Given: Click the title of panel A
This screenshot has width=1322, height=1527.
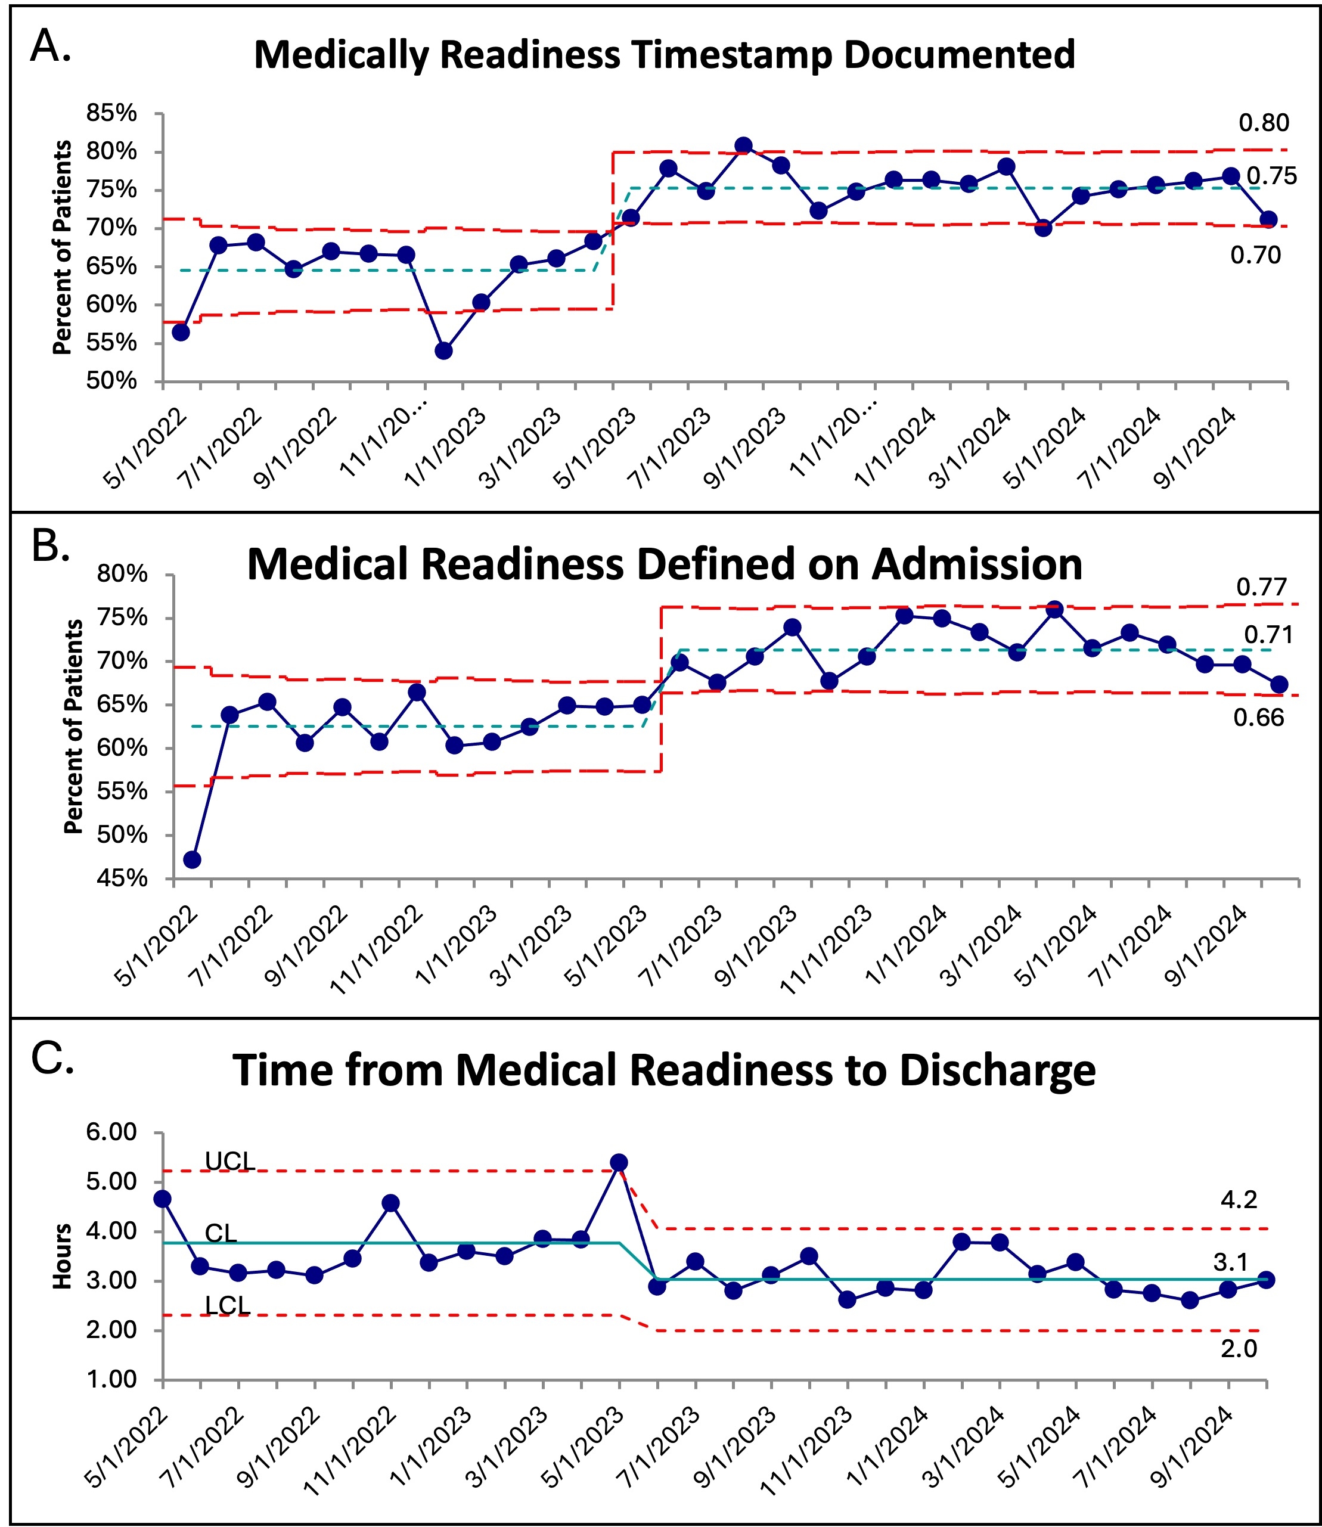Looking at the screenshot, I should click(664, 55).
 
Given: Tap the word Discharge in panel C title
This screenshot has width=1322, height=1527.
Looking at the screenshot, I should click(997, 1072).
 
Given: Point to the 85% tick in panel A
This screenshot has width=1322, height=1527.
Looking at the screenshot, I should click(112, 114).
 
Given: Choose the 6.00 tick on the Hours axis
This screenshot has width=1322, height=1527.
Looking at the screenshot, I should click(112, 1132).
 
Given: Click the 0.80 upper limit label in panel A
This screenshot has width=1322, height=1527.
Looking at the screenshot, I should click(1264, 123).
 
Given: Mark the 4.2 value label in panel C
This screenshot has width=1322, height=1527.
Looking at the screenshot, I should click(1239, 1199).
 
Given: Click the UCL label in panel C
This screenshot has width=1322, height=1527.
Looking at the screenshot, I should click(229, 1162).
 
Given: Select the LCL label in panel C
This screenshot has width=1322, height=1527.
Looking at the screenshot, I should click(227, 1306).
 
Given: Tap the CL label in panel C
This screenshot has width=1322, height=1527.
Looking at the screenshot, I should click(221, 1233).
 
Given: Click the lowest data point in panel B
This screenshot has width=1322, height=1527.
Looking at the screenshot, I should click(193, 859).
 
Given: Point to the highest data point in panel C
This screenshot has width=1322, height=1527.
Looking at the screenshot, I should click(619, 1163).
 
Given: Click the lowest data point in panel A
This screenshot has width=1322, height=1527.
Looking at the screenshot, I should click(443, 351).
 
